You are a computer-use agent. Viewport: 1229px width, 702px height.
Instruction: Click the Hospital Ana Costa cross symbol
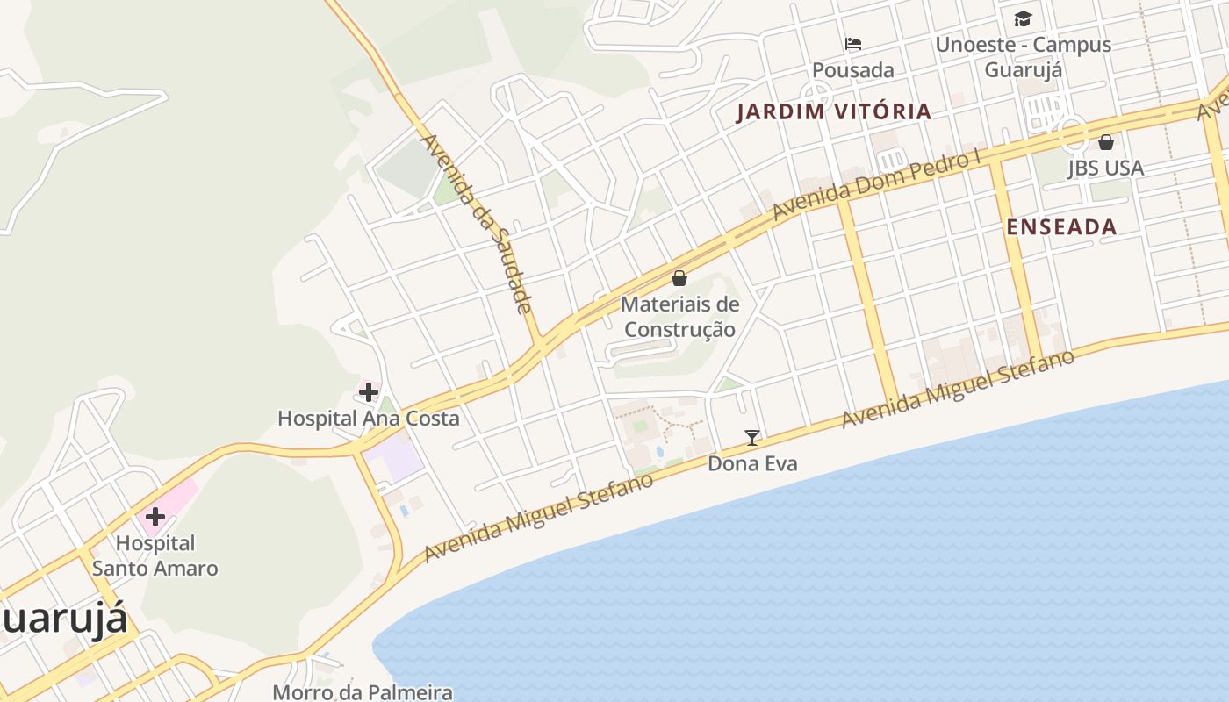(369, 391)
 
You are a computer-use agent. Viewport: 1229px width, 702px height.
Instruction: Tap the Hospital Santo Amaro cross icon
(155, 516)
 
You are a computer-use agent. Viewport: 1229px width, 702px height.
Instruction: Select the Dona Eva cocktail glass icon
(752, 437)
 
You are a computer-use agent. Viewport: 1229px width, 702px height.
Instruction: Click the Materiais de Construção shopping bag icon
(679, 278)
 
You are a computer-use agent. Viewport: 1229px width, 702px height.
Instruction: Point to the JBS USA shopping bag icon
(1106, 141)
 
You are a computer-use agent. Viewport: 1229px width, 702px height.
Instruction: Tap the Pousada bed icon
(853, 44)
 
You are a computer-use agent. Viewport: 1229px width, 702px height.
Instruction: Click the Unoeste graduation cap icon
(1024, 18)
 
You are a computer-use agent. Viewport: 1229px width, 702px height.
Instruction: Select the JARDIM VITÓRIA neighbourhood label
(833, 111)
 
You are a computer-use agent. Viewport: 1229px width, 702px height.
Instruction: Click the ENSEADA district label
(1061, 226)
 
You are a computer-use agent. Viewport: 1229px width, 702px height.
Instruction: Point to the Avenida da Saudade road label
(477, 223)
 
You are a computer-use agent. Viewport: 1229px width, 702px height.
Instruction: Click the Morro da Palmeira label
(363, 691)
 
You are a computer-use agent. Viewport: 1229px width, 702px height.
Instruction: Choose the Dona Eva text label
(752, 462)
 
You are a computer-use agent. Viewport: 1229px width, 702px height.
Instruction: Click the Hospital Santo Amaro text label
(155, 555)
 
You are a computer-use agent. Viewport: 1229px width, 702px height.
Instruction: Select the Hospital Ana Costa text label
(369, 418)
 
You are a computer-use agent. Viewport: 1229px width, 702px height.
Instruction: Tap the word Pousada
(853, 70)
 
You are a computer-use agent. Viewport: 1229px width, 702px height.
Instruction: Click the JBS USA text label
(1106, 168)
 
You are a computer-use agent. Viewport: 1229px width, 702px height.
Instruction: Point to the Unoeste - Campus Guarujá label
(1024, 56)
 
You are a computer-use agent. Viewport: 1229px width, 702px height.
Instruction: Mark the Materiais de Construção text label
(679, 317)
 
